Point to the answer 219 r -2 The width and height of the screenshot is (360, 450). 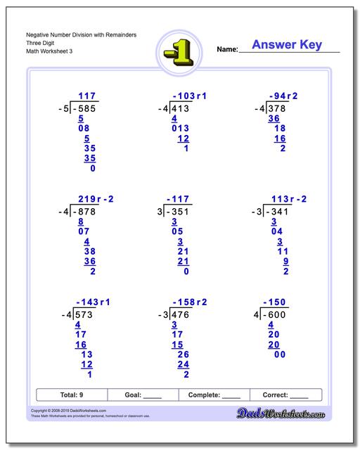click(x=96, y=199)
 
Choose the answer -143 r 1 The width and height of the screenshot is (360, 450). click(x=91, y=302)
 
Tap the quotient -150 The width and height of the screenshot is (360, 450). click(x=276, y=302)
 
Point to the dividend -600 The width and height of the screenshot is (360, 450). click(x=277, y=314)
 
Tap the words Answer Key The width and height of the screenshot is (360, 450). click(x=286, y=45)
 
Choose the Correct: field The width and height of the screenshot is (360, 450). click(x=285, y=395)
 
